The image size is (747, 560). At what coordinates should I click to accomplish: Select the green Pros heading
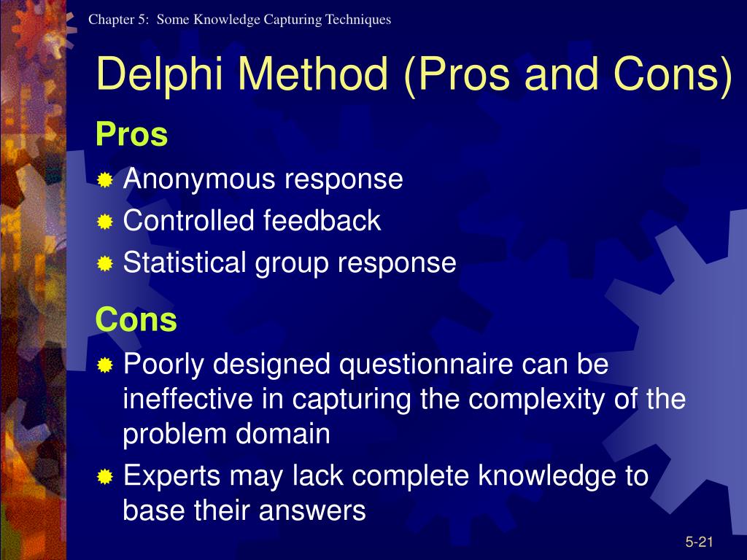pos(132,134)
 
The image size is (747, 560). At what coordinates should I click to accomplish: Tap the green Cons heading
pos(136,319)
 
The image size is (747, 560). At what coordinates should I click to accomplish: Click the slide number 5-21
pos(698,541)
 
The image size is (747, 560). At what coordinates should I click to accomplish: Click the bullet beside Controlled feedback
pos(105,222)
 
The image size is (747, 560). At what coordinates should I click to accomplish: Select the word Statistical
pos(185,263)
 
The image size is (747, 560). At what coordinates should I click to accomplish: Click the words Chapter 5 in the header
pos(119,20)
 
